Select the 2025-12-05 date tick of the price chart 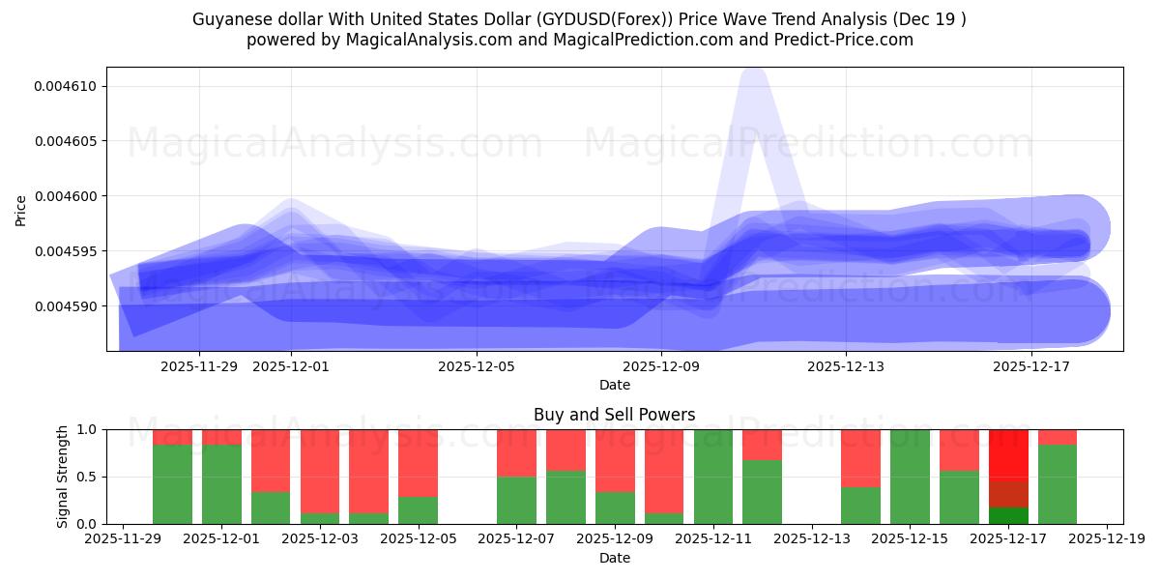tap(477, 366)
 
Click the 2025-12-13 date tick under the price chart tap(846, 366)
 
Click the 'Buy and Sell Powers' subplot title tap(614, 415)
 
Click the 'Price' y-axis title tap(21, 210)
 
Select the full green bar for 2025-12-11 tap(713, 477)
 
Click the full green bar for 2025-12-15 tap(910, 477)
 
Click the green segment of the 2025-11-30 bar tap(172, 484)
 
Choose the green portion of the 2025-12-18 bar tap(1058, 484)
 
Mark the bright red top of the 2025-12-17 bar tap(1008, 452)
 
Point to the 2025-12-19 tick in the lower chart tap(1106, 539)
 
